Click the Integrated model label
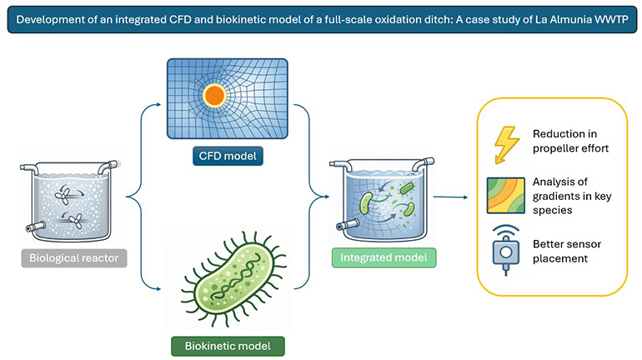(384, 258)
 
